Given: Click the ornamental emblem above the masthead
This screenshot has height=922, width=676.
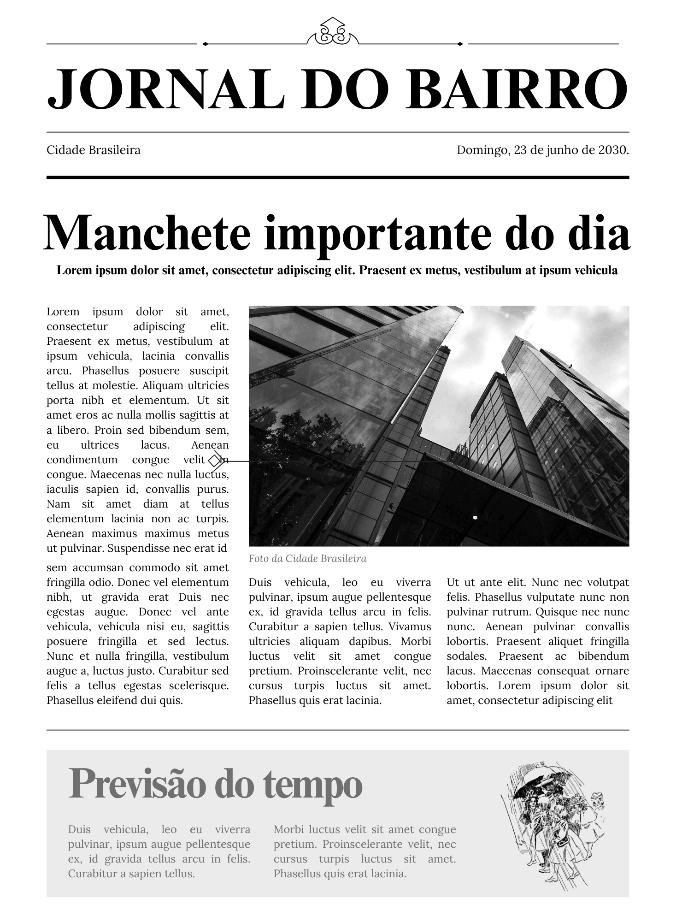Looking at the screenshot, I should click(x=333, y=33).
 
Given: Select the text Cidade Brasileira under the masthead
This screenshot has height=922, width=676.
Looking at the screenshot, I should click(x=94, y=150).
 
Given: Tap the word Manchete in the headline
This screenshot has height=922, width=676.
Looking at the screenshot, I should click(x=147, y=234).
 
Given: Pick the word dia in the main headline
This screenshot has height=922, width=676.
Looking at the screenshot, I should click(x=599, y=234).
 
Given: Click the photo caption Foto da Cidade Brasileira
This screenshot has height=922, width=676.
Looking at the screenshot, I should click(x=307, y=559).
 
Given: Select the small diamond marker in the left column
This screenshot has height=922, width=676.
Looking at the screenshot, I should click(x=215, y=460).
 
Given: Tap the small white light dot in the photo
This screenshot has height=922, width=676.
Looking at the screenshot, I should click(x=475, y=518).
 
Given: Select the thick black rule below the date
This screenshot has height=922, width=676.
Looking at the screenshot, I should click(x=338, y=177).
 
